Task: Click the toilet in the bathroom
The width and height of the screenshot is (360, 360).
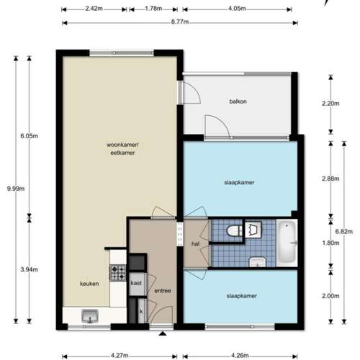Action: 235,231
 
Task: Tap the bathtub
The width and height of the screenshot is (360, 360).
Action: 287,242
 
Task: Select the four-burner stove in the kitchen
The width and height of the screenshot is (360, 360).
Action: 118,273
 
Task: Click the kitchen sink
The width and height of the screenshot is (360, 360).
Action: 90,316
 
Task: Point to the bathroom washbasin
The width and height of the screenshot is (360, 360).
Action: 257,262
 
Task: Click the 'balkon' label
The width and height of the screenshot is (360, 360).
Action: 238,102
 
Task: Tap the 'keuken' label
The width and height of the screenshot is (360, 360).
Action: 89,284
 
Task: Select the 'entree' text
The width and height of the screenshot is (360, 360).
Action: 163,291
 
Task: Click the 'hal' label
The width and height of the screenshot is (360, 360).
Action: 195,244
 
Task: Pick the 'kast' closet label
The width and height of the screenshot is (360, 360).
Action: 136,283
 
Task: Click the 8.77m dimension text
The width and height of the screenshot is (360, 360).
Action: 180,22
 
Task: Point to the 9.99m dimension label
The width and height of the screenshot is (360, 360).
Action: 16,189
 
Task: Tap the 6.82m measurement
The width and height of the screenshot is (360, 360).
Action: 344,232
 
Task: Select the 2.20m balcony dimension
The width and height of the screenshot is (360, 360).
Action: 330,104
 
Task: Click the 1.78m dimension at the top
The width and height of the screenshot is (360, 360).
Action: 153,9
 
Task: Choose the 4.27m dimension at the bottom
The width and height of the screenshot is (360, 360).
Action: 120,355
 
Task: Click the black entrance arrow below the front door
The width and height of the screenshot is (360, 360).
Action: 163,333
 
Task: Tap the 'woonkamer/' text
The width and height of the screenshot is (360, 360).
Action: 122,145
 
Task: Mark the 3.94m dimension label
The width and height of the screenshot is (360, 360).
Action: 29,269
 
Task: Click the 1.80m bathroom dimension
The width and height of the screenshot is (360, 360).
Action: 330,243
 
